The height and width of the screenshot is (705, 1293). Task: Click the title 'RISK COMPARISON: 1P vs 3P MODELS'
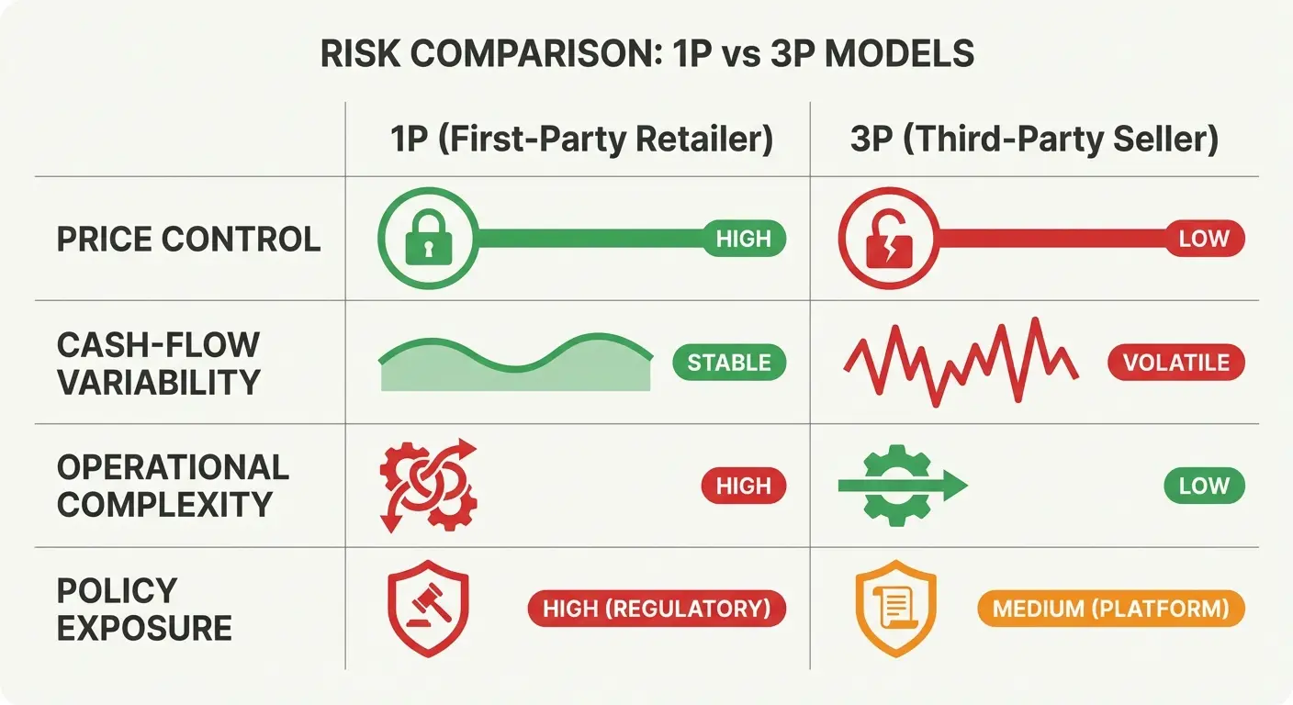point(646,55)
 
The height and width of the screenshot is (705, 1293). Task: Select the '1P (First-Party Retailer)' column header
point(581,140)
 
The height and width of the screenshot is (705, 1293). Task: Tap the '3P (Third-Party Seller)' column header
point(1035,140)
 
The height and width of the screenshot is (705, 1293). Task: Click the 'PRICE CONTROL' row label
point(189,240)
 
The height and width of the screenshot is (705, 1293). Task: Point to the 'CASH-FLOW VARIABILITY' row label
point(158,363)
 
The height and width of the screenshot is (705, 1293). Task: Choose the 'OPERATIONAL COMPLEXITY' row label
point(173,486)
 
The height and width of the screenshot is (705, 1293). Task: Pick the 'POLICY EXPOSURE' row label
point(144,609)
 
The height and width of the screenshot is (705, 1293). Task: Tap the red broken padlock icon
point(888,240)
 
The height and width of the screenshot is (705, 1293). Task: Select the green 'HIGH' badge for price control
point(743,240)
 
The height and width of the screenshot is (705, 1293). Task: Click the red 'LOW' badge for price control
point(1203,240)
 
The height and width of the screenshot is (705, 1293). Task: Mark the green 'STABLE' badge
point(729,363)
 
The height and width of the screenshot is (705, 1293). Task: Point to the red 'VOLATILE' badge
point(1176,363)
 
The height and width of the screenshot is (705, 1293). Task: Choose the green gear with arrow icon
point(900,486)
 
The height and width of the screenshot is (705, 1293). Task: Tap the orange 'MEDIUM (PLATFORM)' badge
point(1110,609)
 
